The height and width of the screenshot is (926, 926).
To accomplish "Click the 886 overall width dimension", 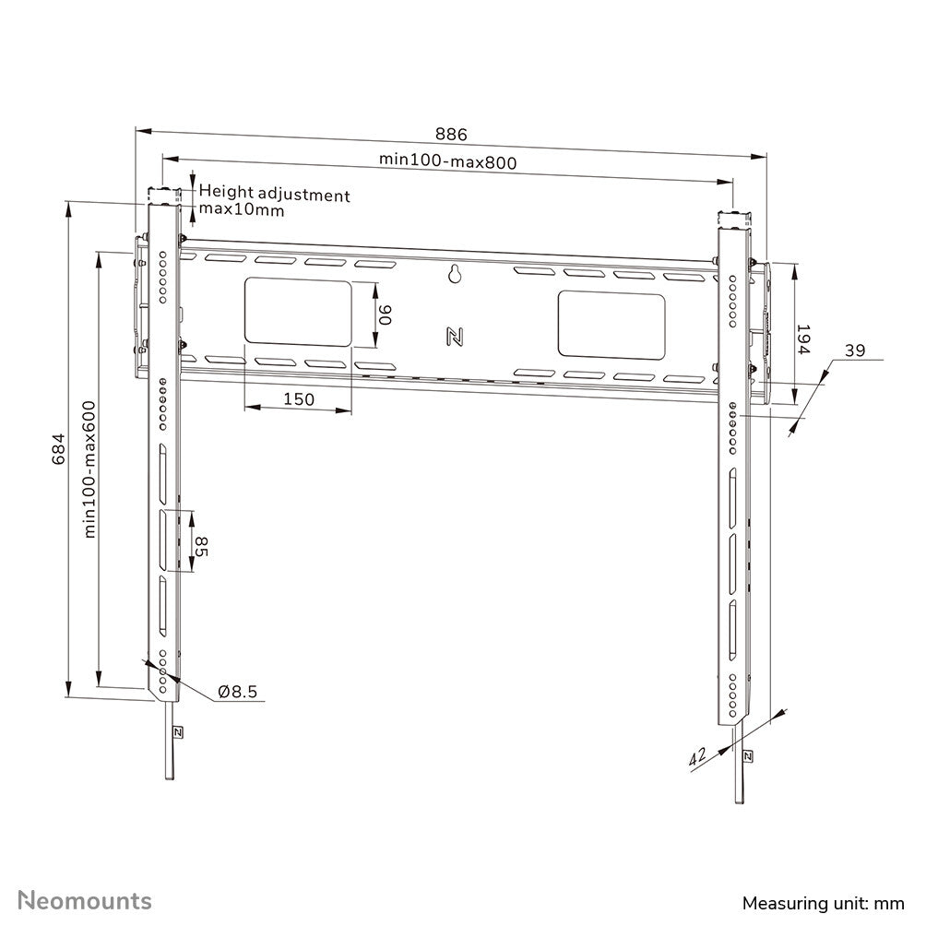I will click(452, 135).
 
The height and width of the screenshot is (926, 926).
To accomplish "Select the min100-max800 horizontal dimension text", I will click(447, 160).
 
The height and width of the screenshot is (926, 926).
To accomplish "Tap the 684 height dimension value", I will click(57, 449).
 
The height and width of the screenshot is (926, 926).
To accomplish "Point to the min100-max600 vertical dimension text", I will click(90, 469).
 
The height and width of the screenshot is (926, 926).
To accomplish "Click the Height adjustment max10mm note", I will click(274, 202).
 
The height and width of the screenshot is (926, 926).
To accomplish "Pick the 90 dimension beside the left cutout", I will click(386, 316).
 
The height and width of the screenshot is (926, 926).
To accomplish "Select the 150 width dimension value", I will click(298, 399).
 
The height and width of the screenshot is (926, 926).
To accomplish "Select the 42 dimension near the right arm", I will click(697, 756).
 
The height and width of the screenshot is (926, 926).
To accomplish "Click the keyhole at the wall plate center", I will click(454, 274).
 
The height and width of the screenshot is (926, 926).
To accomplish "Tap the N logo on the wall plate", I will click(454, 337).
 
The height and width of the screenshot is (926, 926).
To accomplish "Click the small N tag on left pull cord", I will click(177, 732).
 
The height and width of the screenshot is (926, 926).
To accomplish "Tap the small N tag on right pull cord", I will click(747, 756).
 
